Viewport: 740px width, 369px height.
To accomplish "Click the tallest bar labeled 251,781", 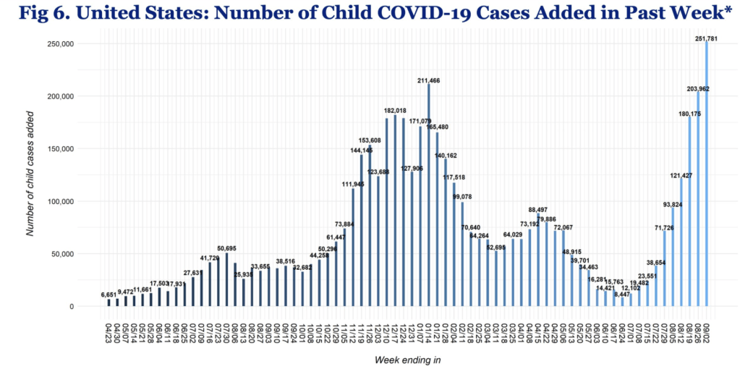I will (x=706, y=174).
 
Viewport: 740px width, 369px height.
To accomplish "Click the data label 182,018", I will (x=394, y=110).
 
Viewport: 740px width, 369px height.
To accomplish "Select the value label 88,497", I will (x=538, y=210).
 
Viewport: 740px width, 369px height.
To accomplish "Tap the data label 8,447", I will (x=621, y=294).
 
